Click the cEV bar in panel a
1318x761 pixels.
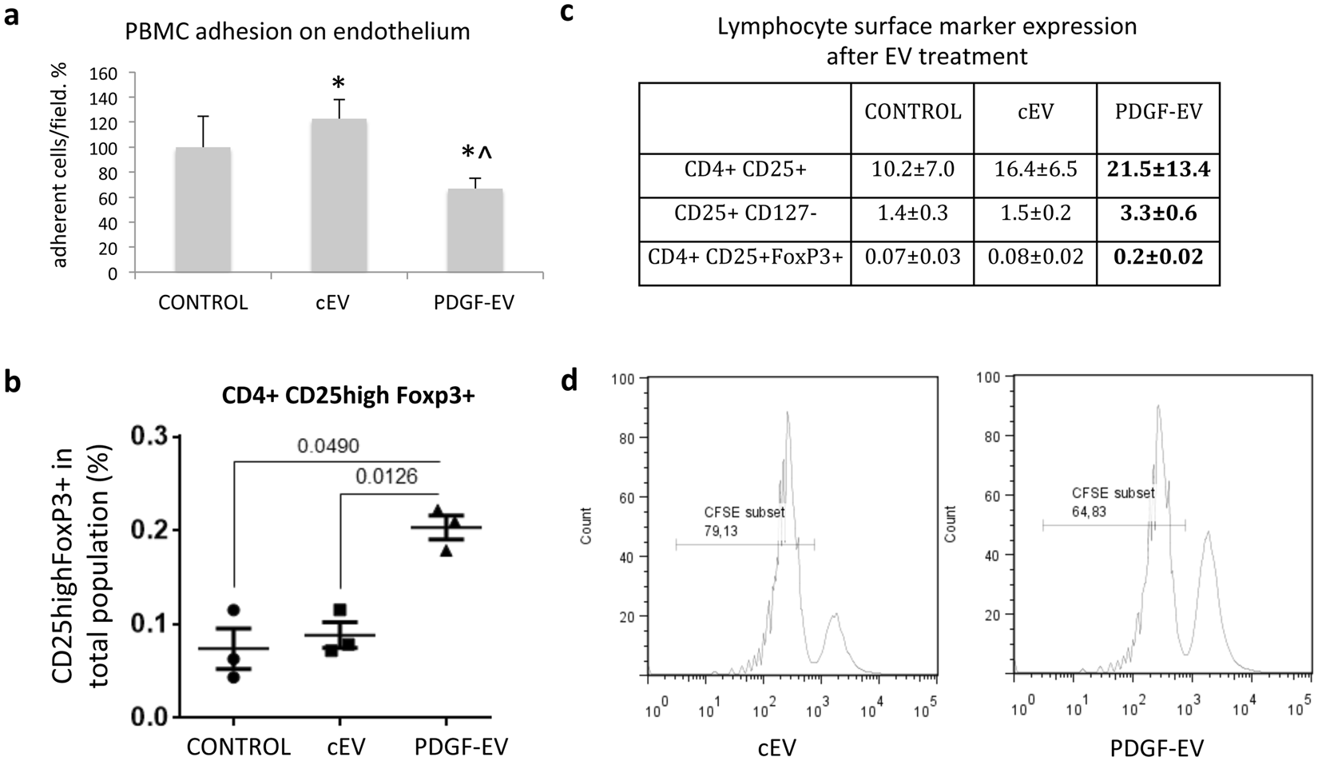click(339, 196)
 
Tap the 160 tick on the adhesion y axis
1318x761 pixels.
click(106, 74)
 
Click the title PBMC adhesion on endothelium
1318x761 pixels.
click(298, 32)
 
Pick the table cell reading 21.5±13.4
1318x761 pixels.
click(1158, 169)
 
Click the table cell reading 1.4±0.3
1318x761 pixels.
click(913, 213)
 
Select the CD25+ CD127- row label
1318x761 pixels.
click(744, 213)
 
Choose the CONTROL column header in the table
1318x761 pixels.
click(913, 112)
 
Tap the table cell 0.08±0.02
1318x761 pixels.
click(1035, 257)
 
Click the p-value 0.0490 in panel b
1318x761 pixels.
click(328, 446)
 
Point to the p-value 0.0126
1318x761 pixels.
click(387, 477)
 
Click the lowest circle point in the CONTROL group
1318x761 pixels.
click(233, 677)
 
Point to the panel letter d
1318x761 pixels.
click(570, 380)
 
